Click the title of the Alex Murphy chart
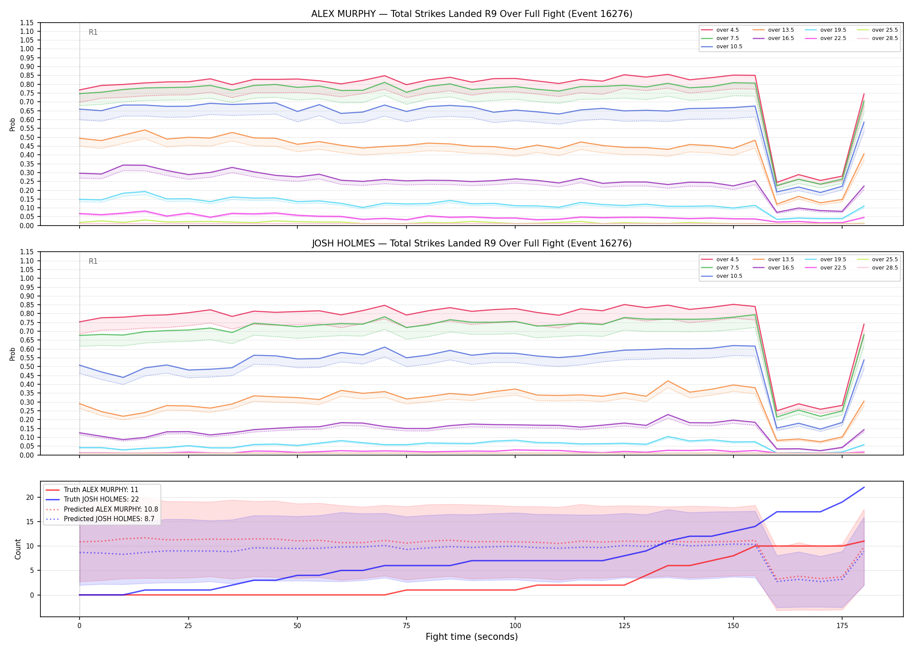pos(472,14)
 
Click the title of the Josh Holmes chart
pos(472,243)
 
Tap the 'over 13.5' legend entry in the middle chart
pos(773,259)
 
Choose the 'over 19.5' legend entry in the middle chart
pos(826,259)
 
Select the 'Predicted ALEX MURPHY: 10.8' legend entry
pos(102,509)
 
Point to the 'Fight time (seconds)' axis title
pos(472,637)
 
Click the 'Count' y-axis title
pos(18,549)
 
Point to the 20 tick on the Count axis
pos(30,497)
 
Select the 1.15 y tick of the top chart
pos(27,23)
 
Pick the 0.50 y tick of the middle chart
pos(27,366)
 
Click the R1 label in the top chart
pos(93,32)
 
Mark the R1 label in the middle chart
pos(93,261)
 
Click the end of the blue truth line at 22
pos(864,487)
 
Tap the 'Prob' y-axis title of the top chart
pos(13,125)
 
